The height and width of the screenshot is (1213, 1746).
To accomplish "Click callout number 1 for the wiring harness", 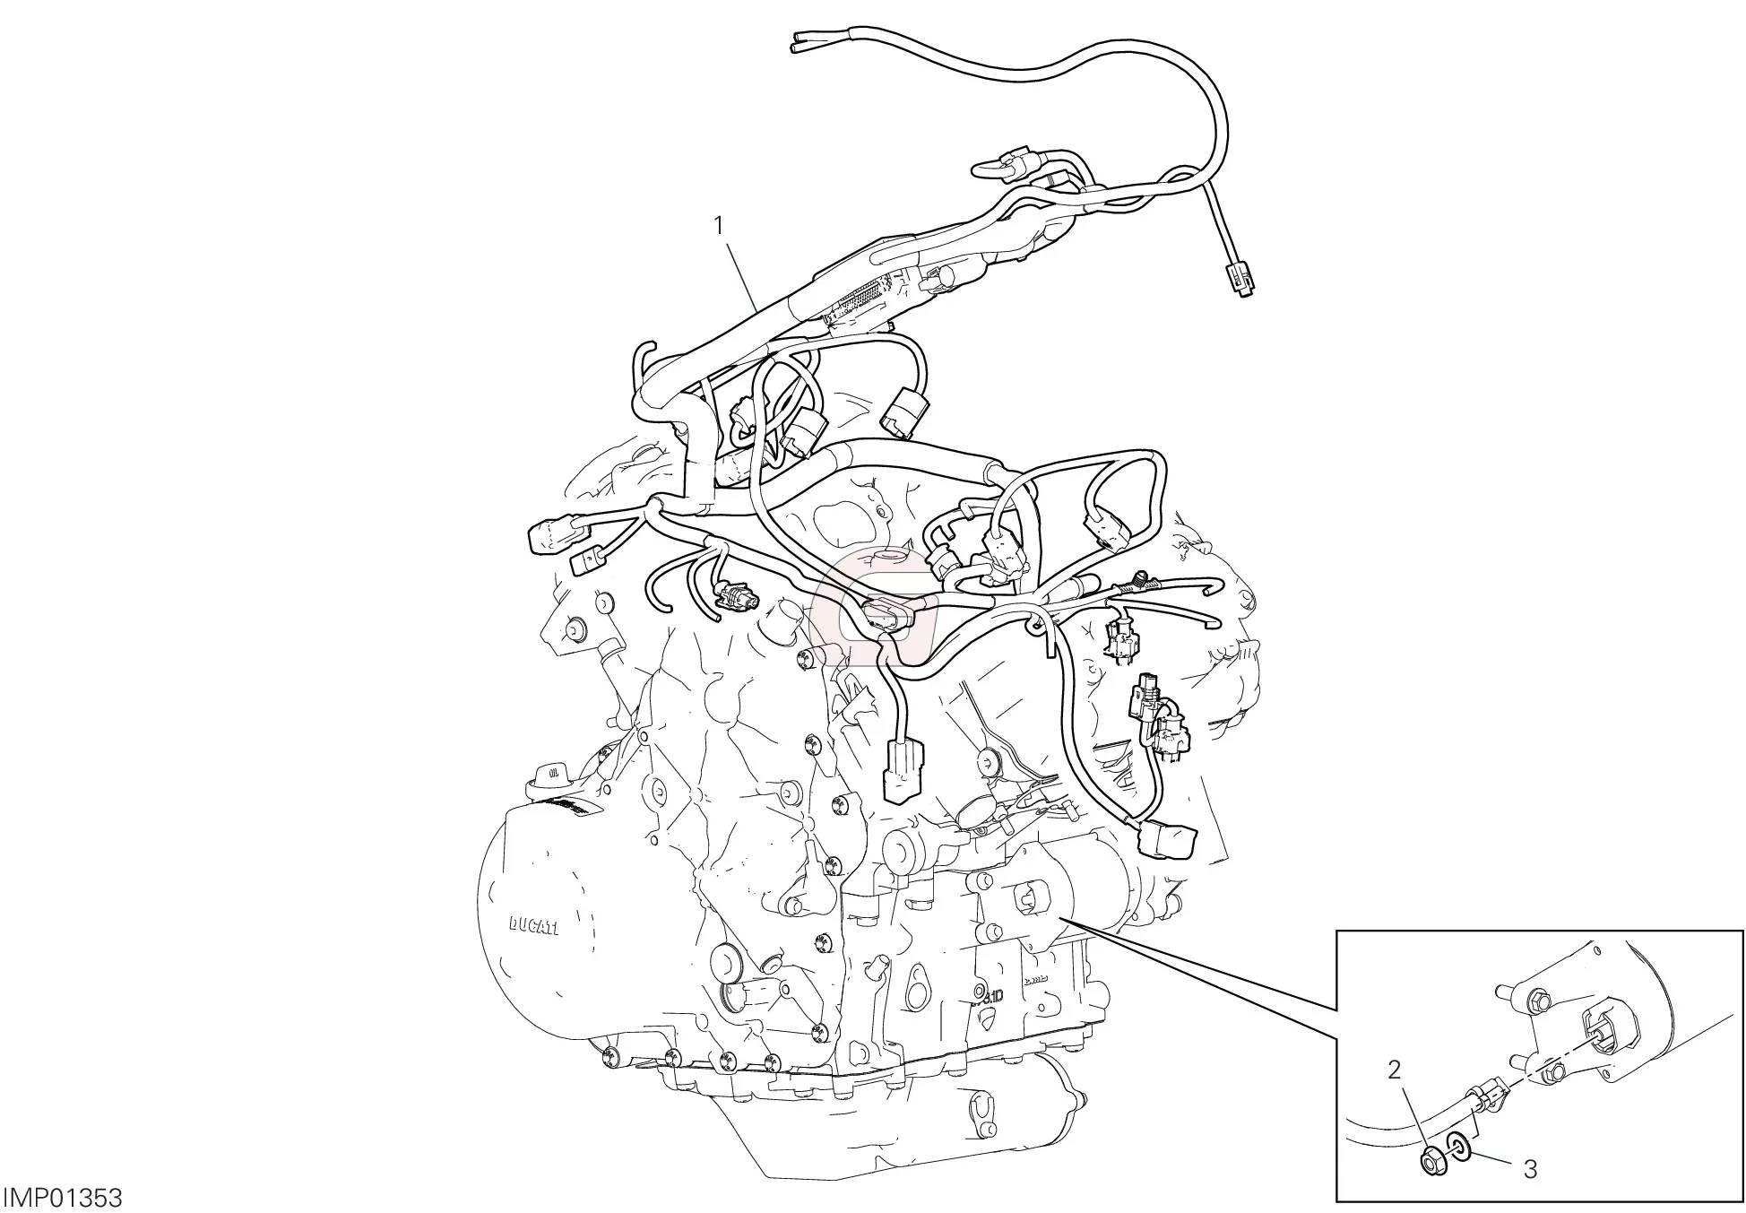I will pyautogui.click(x=718, y=201).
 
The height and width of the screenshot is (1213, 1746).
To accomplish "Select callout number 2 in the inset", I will pyautogui.click(x=1393, y=1070).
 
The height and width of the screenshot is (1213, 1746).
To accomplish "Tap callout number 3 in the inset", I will pyautogui.click(x=1531, y=1168).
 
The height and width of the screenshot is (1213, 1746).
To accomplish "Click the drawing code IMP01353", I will pyautogui.click(x=62, y=1197).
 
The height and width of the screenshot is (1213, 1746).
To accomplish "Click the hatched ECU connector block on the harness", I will pyautogui.click(x=862, y=299).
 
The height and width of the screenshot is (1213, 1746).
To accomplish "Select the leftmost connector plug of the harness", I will pyautogui.click(x=542, y=536).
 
